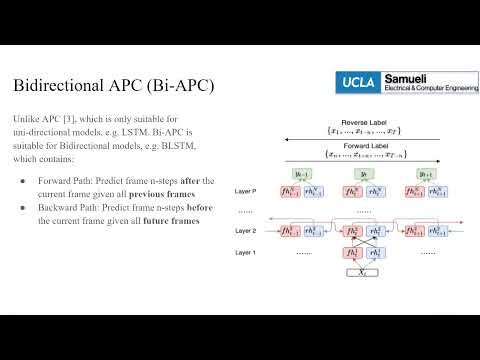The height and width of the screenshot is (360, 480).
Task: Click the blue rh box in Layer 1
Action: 374,253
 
